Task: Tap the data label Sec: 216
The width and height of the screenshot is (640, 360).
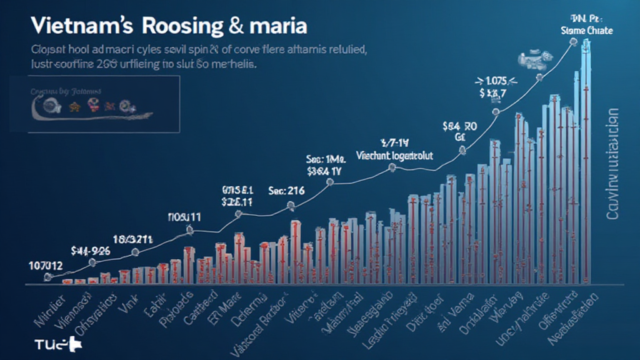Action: [x=286, y=191]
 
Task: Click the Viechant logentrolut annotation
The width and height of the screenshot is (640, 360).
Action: [x=394, y=152]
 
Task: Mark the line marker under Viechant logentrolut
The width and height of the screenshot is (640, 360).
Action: [x=392, y=167]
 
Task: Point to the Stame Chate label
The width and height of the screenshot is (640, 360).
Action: [x=587, y=30]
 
